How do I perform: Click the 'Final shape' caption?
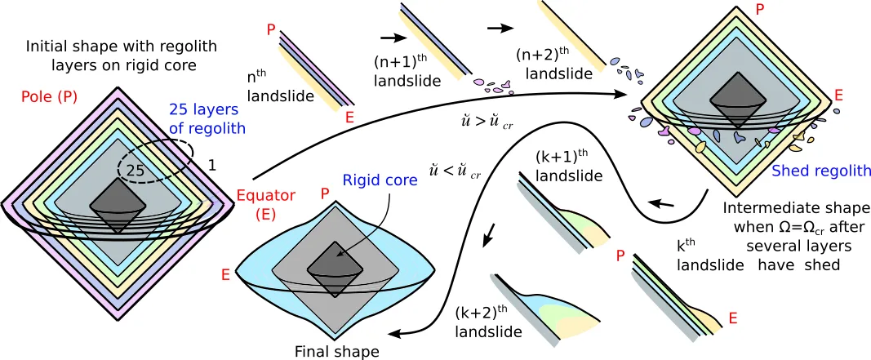337,352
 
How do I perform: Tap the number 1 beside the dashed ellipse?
213,166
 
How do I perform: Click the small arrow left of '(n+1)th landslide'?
393,37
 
